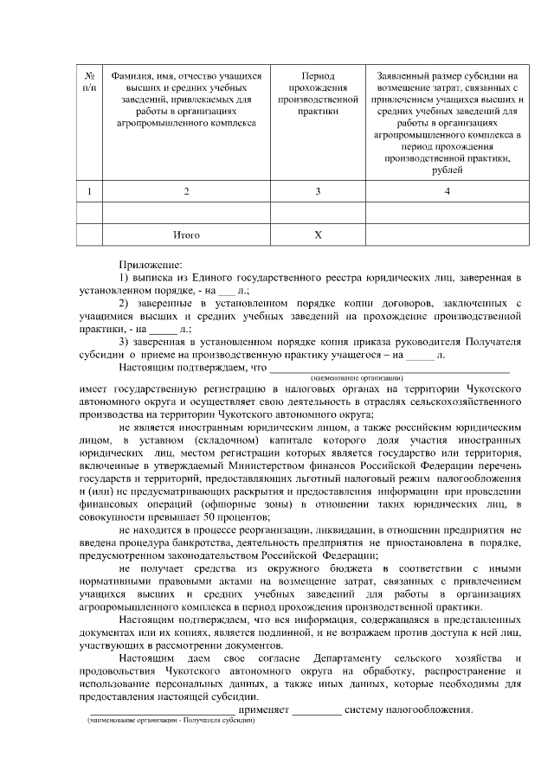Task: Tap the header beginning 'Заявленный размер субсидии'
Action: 447,122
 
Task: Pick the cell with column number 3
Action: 318,190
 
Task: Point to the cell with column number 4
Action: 447,190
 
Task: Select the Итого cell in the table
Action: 186,234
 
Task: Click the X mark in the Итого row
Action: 318,234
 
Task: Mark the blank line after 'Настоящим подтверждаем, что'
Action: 390,368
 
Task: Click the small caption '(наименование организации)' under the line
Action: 357,378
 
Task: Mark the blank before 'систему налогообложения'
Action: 317,713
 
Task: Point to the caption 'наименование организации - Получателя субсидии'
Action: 170,721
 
